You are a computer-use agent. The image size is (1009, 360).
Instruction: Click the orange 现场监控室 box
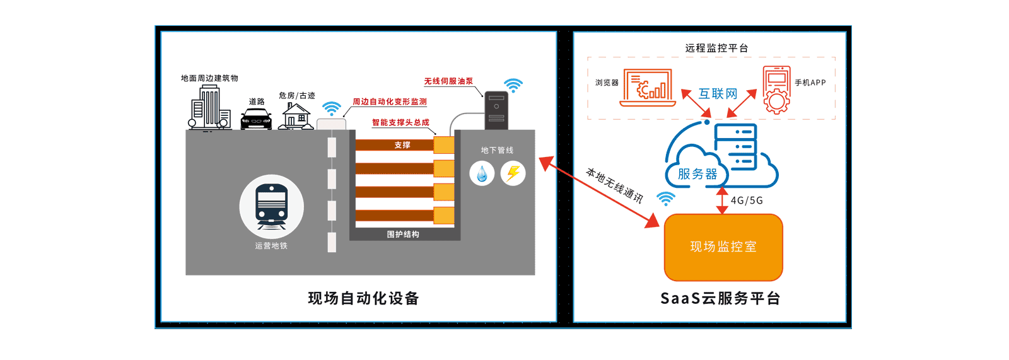pos(723,247)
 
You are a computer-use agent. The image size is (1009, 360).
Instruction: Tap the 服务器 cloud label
pos(697,174)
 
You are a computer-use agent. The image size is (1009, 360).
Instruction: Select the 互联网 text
pos(718,94)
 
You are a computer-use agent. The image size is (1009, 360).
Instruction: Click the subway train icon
pos(272,206)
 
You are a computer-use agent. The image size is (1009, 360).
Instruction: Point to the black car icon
pos(257,119)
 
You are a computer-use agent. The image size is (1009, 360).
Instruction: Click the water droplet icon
pos(482,173)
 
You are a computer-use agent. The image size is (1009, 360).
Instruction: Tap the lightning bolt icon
pos(513,173)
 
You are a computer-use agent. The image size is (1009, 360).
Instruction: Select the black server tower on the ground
pos(496,110)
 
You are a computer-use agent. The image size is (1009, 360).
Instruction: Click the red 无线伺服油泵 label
pos(448,81)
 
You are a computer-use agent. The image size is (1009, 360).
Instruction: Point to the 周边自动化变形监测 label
pos(390,102)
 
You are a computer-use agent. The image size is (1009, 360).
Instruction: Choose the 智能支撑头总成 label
pos(400,122)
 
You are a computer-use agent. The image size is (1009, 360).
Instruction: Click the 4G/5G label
pos(747,200)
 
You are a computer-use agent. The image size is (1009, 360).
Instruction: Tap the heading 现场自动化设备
pos(363,298)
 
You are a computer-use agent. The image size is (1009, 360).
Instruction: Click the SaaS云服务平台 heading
pos(720,298)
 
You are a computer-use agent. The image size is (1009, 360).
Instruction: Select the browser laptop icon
pos(648,88)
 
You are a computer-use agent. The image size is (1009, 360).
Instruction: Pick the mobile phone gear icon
pos(776,90)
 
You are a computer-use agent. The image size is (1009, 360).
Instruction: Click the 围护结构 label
pos(403,235)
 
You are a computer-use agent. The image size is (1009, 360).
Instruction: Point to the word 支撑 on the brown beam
pos(402,145)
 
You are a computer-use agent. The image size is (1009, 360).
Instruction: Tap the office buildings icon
pos(210,108)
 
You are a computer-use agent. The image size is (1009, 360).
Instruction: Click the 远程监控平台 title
pos(716,48)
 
